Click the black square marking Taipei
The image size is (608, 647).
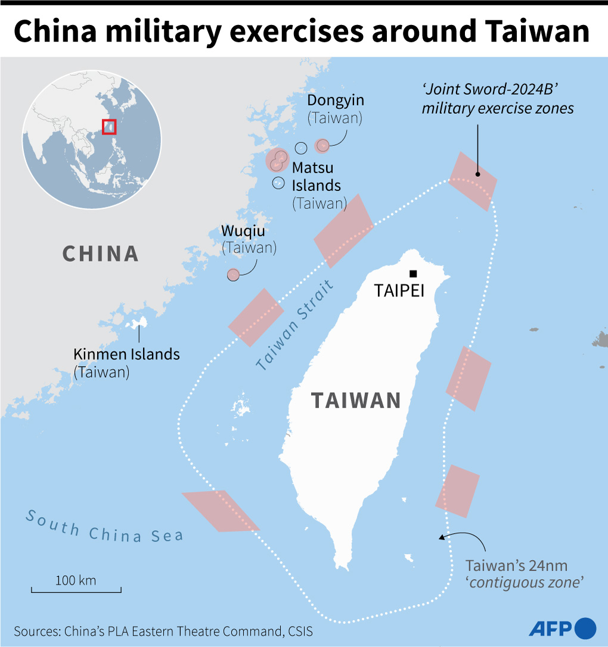[412, 273]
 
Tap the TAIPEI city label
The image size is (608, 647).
[398, 290]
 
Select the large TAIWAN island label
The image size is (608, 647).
[356, 401]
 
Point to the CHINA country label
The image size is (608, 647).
[101, 254]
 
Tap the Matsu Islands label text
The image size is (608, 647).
[316, 176]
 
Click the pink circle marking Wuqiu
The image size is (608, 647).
[233, 274]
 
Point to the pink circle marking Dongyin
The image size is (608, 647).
[322, 145]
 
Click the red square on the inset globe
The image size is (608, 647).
[109, 127]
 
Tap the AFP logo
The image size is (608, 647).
[562, 627]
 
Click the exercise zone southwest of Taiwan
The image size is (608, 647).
[221, 511]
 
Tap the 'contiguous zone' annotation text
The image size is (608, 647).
[524, 582]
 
